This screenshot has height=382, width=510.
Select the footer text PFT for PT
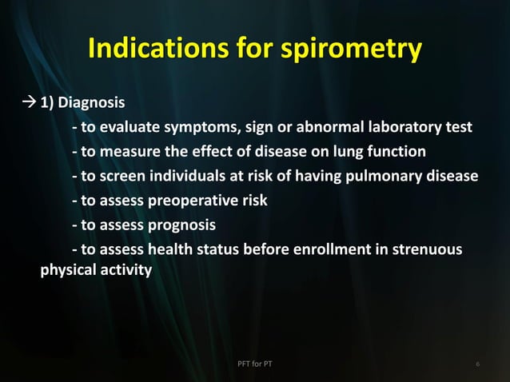[x=255, y=365]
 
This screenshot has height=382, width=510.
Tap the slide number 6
[x=476, y=365]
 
